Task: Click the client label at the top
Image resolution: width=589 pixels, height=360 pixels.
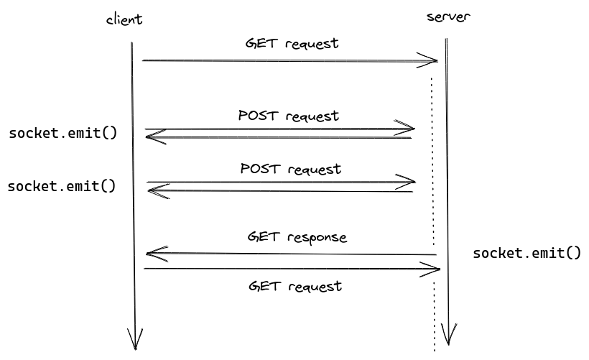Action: [x=124, y=19]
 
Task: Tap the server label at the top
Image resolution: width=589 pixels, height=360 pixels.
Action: [x=448, y=17]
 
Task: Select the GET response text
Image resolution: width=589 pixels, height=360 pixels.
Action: [x=297, y=236]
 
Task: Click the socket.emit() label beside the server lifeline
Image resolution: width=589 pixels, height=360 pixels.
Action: [x=527, y=253]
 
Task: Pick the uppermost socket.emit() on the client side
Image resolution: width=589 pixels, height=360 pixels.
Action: [x=62, y=133]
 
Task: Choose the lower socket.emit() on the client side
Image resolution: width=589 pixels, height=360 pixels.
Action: [x=61, y=186]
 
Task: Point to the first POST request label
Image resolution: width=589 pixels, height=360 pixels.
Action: [x=288, y=115]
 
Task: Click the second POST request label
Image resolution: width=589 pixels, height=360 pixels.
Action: [x=290, y=169]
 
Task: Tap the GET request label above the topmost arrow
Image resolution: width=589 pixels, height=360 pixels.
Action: [x=292, y=43]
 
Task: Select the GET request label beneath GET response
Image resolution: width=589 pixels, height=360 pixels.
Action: [x=294, y=286]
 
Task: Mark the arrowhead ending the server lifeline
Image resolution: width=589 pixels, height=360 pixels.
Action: [x=450, y=333]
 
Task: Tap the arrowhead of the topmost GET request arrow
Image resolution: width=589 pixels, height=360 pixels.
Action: [x=430, y=60]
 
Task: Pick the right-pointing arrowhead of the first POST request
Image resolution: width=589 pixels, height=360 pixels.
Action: [x=408, y=129]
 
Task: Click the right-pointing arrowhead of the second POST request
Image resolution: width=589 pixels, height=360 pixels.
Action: [x=408, y=181]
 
